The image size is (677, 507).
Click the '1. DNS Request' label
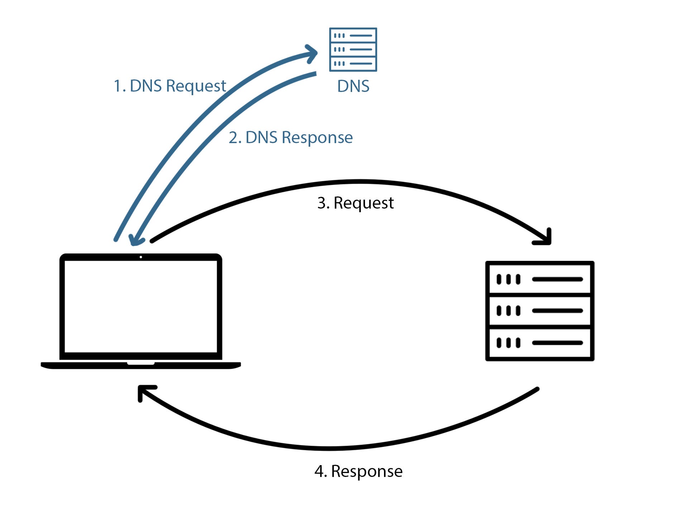[169, 86]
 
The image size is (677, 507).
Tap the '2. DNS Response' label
[291, 137]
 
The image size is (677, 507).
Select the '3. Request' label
[355, 203]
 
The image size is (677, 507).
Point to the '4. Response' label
[358, 471]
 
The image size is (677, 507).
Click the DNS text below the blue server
[353, 86]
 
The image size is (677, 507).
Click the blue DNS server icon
[353, 50]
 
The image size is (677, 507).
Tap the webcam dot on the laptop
[141, 257]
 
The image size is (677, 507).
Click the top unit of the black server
[539, 279]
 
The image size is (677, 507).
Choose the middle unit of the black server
[539, 311]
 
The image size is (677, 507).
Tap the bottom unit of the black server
[539, 343]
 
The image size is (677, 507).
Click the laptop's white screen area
[141, 306]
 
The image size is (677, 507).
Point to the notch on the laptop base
[141, 363]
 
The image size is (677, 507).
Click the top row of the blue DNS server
[353, 36]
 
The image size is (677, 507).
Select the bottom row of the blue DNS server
[353, 64]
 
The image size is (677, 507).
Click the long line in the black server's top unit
[557, 279]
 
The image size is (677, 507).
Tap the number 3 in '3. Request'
[321, 203]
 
